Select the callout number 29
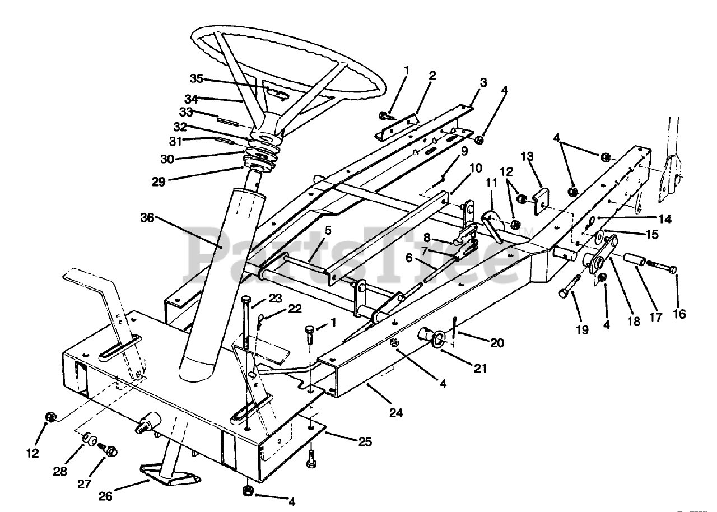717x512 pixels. pos(159,181)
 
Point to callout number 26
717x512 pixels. pos(106,496)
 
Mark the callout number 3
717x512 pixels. pos(483,83)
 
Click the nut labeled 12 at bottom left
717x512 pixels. pos(50,417)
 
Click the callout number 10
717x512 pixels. pos(476,167)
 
